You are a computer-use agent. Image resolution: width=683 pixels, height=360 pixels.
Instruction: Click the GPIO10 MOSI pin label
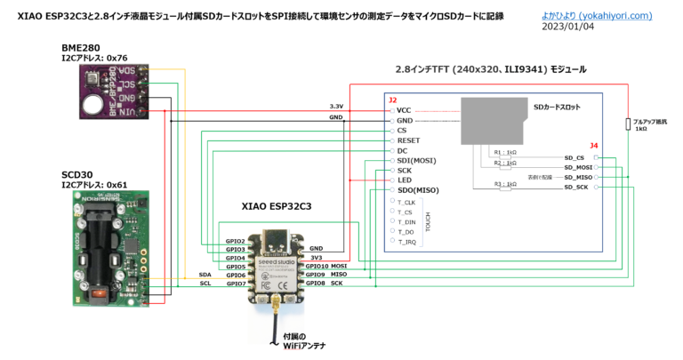coord(326,266)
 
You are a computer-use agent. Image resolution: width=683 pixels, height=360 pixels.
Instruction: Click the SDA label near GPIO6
coord(205,275)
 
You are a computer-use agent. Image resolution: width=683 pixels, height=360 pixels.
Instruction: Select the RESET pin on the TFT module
coord(408,140)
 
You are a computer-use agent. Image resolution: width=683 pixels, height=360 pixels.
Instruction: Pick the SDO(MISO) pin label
coord(417,190)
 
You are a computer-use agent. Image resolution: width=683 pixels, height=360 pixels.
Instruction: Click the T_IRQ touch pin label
coord(409,242)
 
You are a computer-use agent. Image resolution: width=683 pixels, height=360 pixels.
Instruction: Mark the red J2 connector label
coord(392,100)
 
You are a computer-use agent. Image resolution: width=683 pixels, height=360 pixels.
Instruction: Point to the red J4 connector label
coord(594,145)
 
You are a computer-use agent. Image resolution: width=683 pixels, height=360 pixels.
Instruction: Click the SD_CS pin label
coord(574,157)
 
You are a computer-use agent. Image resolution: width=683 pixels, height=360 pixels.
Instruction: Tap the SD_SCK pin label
coord(575,188)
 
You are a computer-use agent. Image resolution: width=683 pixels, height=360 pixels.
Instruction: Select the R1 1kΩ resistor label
coord(504,152)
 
